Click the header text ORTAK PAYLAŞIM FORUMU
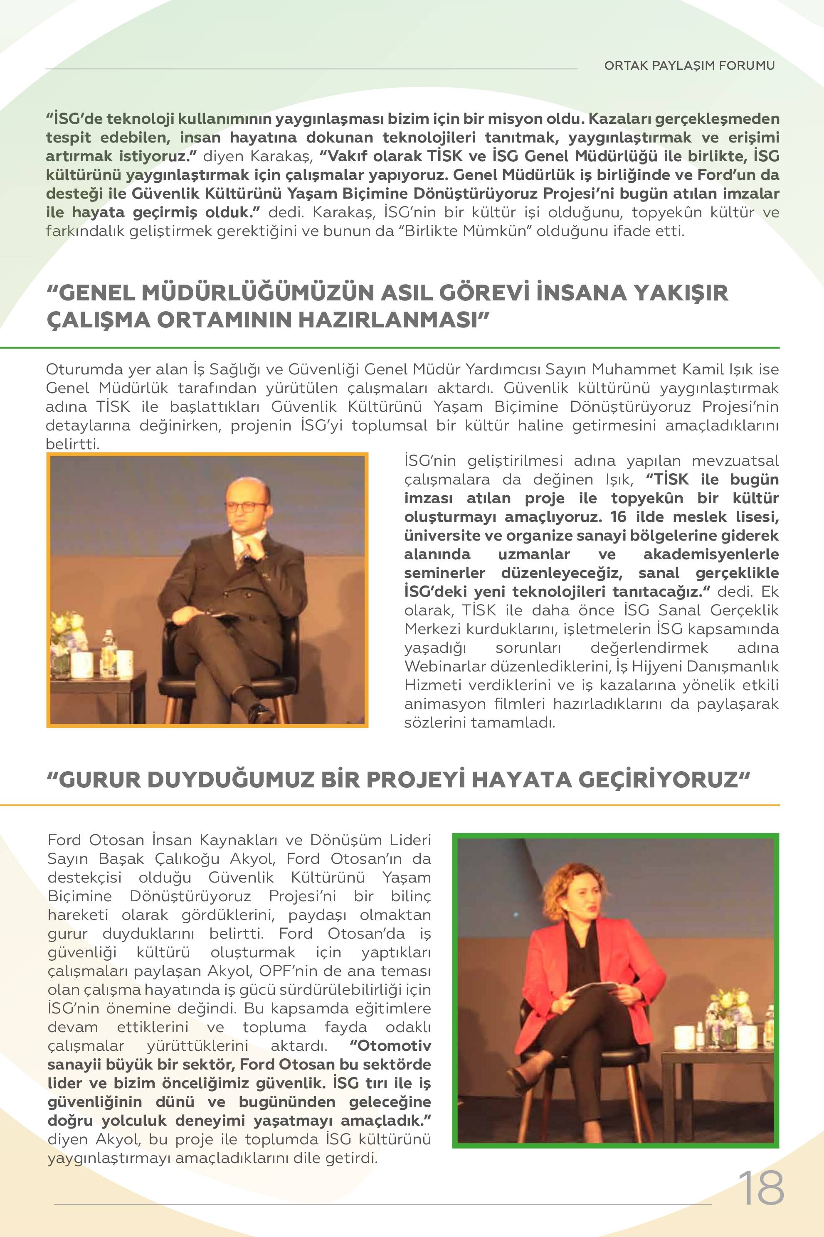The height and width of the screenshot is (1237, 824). (x=689, y=66)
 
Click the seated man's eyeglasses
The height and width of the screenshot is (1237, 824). (x=244, y=507)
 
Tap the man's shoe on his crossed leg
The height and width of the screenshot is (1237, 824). (x=259, y=713)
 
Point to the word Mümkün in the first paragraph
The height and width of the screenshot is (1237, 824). (x=494, y=231)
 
